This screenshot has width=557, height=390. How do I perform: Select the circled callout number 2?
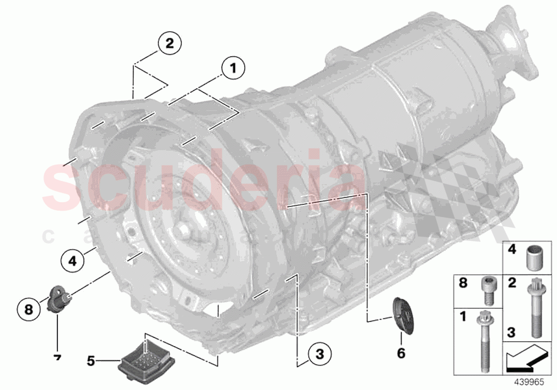click(169, 44)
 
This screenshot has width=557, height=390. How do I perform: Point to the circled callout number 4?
click(72, 260)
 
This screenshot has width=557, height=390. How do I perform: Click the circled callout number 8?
click(29, 307)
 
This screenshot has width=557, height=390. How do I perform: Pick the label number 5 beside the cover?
click(91, 361)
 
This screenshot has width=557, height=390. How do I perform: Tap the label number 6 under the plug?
click(401, 352)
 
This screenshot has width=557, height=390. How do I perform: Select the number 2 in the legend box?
click(512, 283)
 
